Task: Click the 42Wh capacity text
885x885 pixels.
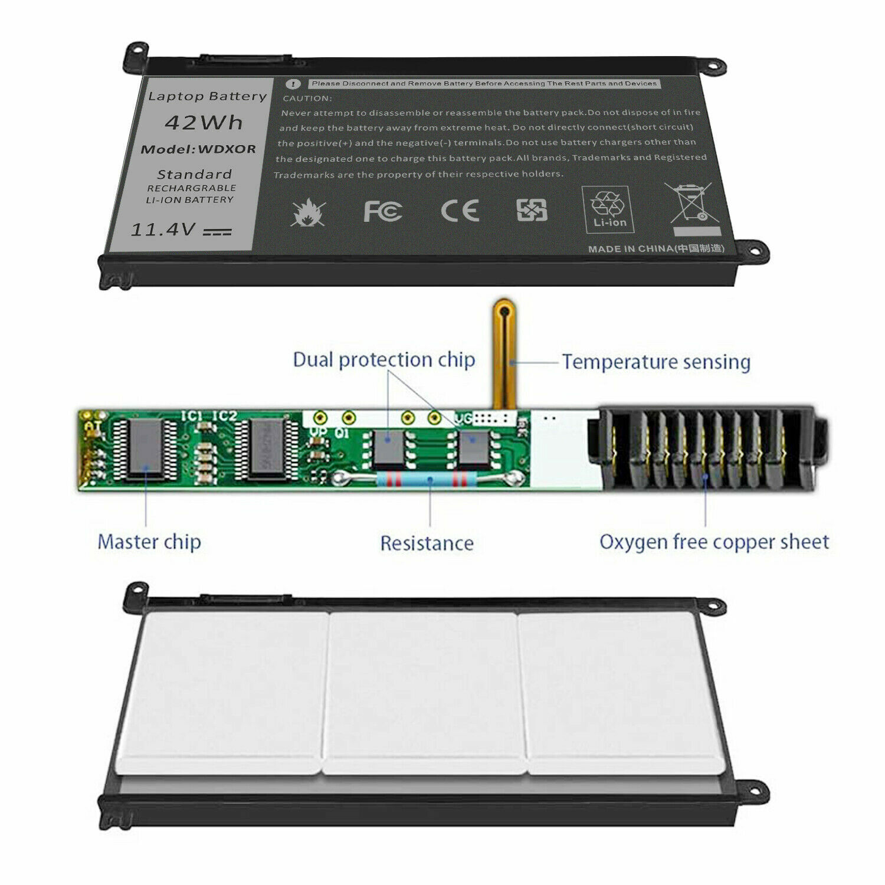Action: (x=204, y=123)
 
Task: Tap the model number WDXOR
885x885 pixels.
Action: (x=227, y=149)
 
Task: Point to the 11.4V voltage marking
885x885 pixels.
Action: (x=163, y=230)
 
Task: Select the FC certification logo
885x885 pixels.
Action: (x=382, y=211)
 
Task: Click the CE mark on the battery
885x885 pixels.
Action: (x=460, y=211)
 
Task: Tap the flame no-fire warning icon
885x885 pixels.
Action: (x=307, y=213)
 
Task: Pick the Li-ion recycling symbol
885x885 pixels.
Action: (x=608, y=209)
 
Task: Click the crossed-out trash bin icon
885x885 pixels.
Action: (x=689, y=204)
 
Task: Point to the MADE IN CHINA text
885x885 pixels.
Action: (x=655, y=248)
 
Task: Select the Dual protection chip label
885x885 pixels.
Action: (x=384, y=359)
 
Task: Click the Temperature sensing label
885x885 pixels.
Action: (x=655, y=362)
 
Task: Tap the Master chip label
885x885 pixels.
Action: (x=149, y=542)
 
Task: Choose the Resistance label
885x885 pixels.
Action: (x=427, y=543)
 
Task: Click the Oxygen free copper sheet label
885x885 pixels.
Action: (x=714, y=542)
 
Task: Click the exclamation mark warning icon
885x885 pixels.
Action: (x=293, y=84)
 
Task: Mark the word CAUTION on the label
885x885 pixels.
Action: (x=307, y=99)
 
